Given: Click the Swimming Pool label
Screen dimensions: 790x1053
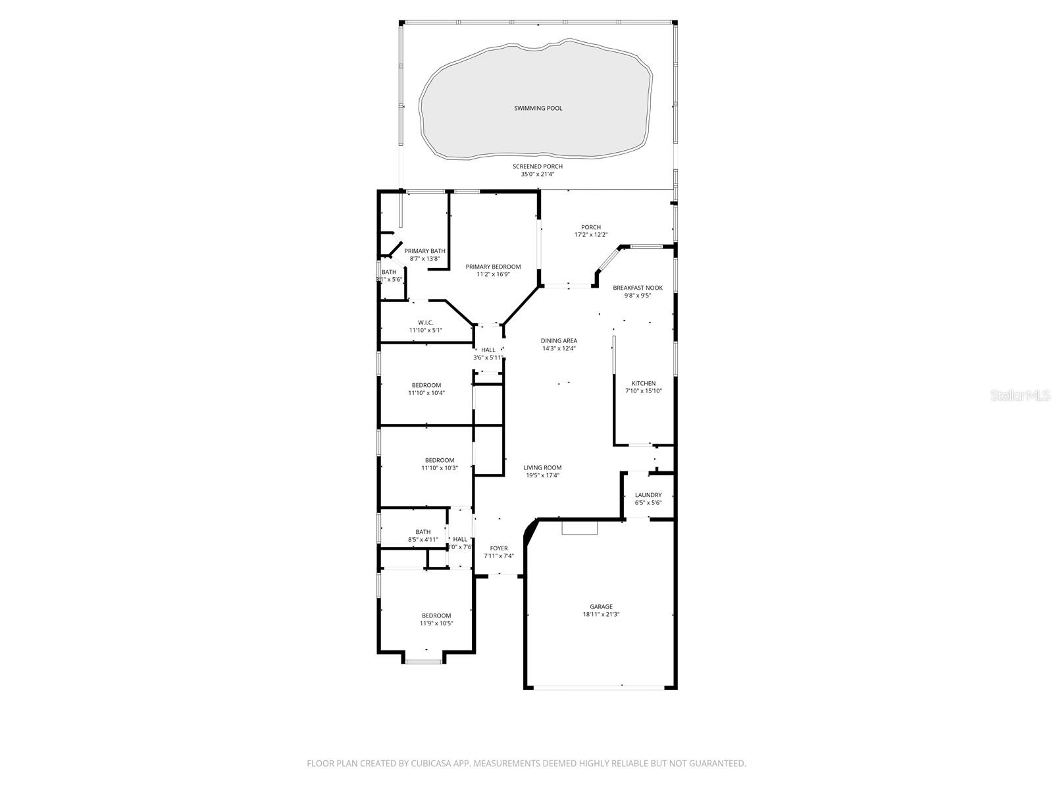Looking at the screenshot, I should coord(538,108).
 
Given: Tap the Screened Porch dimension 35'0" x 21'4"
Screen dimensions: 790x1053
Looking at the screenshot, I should coord(538,174).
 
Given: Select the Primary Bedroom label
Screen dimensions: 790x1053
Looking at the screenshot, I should coord(493,267).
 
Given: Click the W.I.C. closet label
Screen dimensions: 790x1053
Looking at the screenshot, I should coord(425,323).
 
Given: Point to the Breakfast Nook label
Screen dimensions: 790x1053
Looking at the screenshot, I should coord(637,288).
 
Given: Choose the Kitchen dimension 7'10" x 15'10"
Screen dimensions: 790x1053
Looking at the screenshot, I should coord(643,391).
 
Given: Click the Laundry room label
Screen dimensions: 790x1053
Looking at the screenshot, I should coord(648,495).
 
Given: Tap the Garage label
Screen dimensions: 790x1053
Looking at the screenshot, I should coord(601,607).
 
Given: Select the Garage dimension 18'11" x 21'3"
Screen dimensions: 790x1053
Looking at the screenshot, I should coord(601,615).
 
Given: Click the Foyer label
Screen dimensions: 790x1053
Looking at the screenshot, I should coord(498,548).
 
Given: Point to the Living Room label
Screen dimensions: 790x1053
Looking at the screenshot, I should coord(542,468).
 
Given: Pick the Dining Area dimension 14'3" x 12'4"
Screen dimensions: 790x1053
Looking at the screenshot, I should coord(559,349).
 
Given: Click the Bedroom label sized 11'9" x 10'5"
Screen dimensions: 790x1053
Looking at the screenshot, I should coord(436,616).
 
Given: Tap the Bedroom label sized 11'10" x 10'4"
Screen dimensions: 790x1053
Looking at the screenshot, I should coord(426,385).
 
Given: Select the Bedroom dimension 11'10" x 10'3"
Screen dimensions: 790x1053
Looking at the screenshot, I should coord(439,468).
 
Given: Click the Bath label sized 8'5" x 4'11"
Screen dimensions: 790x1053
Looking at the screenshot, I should coord(423,532).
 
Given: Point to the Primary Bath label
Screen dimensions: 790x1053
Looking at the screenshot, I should coord(424,251).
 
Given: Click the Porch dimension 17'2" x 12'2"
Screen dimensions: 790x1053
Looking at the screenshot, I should coord(590,235).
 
